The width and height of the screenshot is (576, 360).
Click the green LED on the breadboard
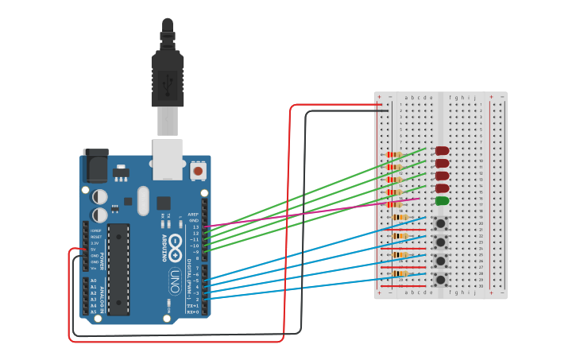(x=443, y=201)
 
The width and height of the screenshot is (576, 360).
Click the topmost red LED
(x=443, y=150)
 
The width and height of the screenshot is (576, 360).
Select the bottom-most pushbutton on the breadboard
(x=440, y=279)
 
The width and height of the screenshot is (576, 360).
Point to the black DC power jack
(x=95, y=165)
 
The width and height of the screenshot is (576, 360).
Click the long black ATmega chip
(x=118, y=269)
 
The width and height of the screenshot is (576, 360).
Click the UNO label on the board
(x=174, y=282)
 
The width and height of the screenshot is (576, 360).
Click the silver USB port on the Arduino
(x=168, y=154)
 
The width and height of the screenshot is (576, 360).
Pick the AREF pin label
(x=193, y=214)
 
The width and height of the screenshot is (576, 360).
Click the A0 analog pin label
(x=93, y=281)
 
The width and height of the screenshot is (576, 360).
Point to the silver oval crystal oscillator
(x=143, y=200)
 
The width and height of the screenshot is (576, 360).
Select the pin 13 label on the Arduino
(x=195, y=226)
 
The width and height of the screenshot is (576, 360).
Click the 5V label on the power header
(x=95, y=249)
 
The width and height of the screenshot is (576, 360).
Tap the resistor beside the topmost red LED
(x=392, y=155)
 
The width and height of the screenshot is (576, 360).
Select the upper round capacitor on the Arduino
(x=100, y=195)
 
